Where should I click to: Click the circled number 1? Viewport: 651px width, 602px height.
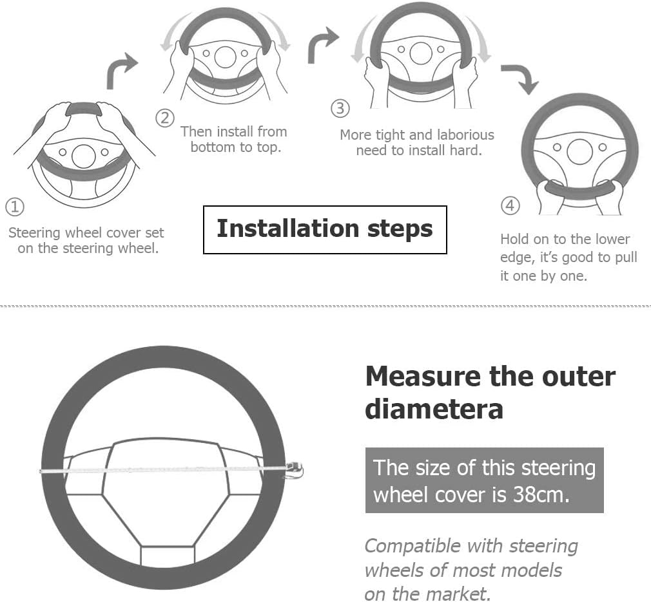coord(15,207)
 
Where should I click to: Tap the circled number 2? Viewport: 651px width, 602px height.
coord(165,118)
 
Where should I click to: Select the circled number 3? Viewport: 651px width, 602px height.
coord(340,108)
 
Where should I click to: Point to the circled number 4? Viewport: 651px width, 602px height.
coord(510,205)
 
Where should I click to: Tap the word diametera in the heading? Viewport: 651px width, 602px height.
coord(434,409)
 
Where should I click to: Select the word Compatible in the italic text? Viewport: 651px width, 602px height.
coord(433,547)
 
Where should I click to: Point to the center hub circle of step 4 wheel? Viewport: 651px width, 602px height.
coord(579,152)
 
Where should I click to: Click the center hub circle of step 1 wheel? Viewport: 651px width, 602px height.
coord(83,156)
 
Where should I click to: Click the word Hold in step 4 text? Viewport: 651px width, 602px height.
coord(515,240)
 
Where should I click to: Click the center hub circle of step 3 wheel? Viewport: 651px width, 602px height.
coord(421,53)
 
